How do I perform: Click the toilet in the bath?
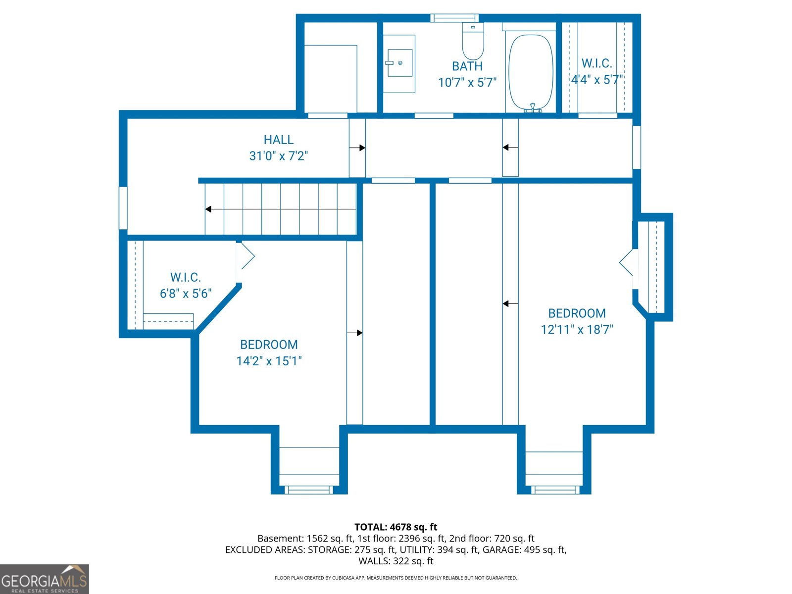point(473,42)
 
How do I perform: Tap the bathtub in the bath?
point(531,72)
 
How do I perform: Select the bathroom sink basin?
point(399,63)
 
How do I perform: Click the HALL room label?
point(278,140)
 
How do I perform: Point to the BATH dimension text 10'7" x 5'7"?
point(467,82)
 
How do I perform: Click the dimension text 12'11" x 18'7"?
point(577,330)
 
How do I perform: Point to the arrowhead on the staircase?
point(208,209)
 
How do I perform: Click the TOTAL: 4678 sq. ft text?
point(396,527)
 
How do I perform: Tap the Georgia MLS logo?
point(45,579)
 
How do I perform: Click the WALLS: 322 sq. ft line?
point(396,561)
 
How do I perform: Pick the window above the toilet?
point(454,18)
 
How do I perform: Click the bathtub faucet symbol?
point(533,107)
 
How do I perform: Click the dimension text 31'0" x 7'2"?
point(278,156)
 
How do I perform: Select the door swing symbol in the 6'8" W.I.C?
point(246,256)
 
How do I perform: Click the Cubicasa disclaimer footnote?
point(396,578)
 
